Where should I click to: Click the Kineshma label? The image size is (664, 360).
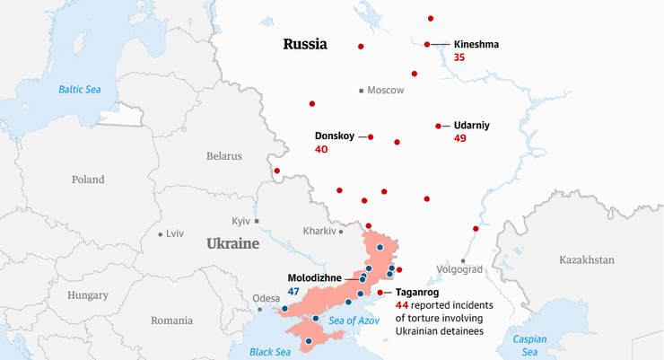click(476, 44)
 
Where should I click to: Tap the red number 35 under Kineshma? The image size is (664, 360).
click(459, 57)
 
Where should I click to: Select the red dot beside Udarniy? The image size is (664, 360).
click(438, 126)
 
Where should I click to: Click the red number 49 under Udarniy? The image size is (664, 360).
click(460, 139)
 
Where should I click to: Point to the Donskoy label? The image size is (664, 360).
click(335, 136)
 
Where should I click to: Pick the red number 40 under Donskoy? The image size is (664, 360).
click(321, 149)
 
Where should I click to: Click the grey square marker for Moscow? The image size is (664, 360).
click(361, 91)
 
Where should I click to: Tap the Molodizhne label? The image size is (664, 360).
click(314, 277)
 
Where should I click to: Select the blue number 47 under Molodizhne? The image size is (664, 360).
click(293, 291)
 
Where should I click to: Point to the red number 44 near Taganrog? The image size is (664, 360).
click(401, 306)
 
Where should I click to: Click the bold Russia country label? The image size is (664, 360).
click(305, 44)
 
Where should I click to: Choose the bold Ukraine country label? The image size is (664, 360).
click(232, 243)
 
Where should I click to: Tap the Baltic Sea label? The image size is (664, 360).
click(81, 89)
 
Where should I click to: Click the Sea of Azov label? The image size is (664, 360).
click(354, 320)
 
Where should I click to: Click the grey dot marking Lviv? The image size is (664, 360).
click(160, 233)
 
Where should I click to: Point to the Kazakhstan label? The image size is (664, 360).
click(586, 259)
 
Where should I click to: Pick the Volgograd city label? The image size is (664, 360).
click(459, 269)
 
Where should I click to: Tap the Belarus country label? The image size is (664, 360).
click(224, 155)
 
